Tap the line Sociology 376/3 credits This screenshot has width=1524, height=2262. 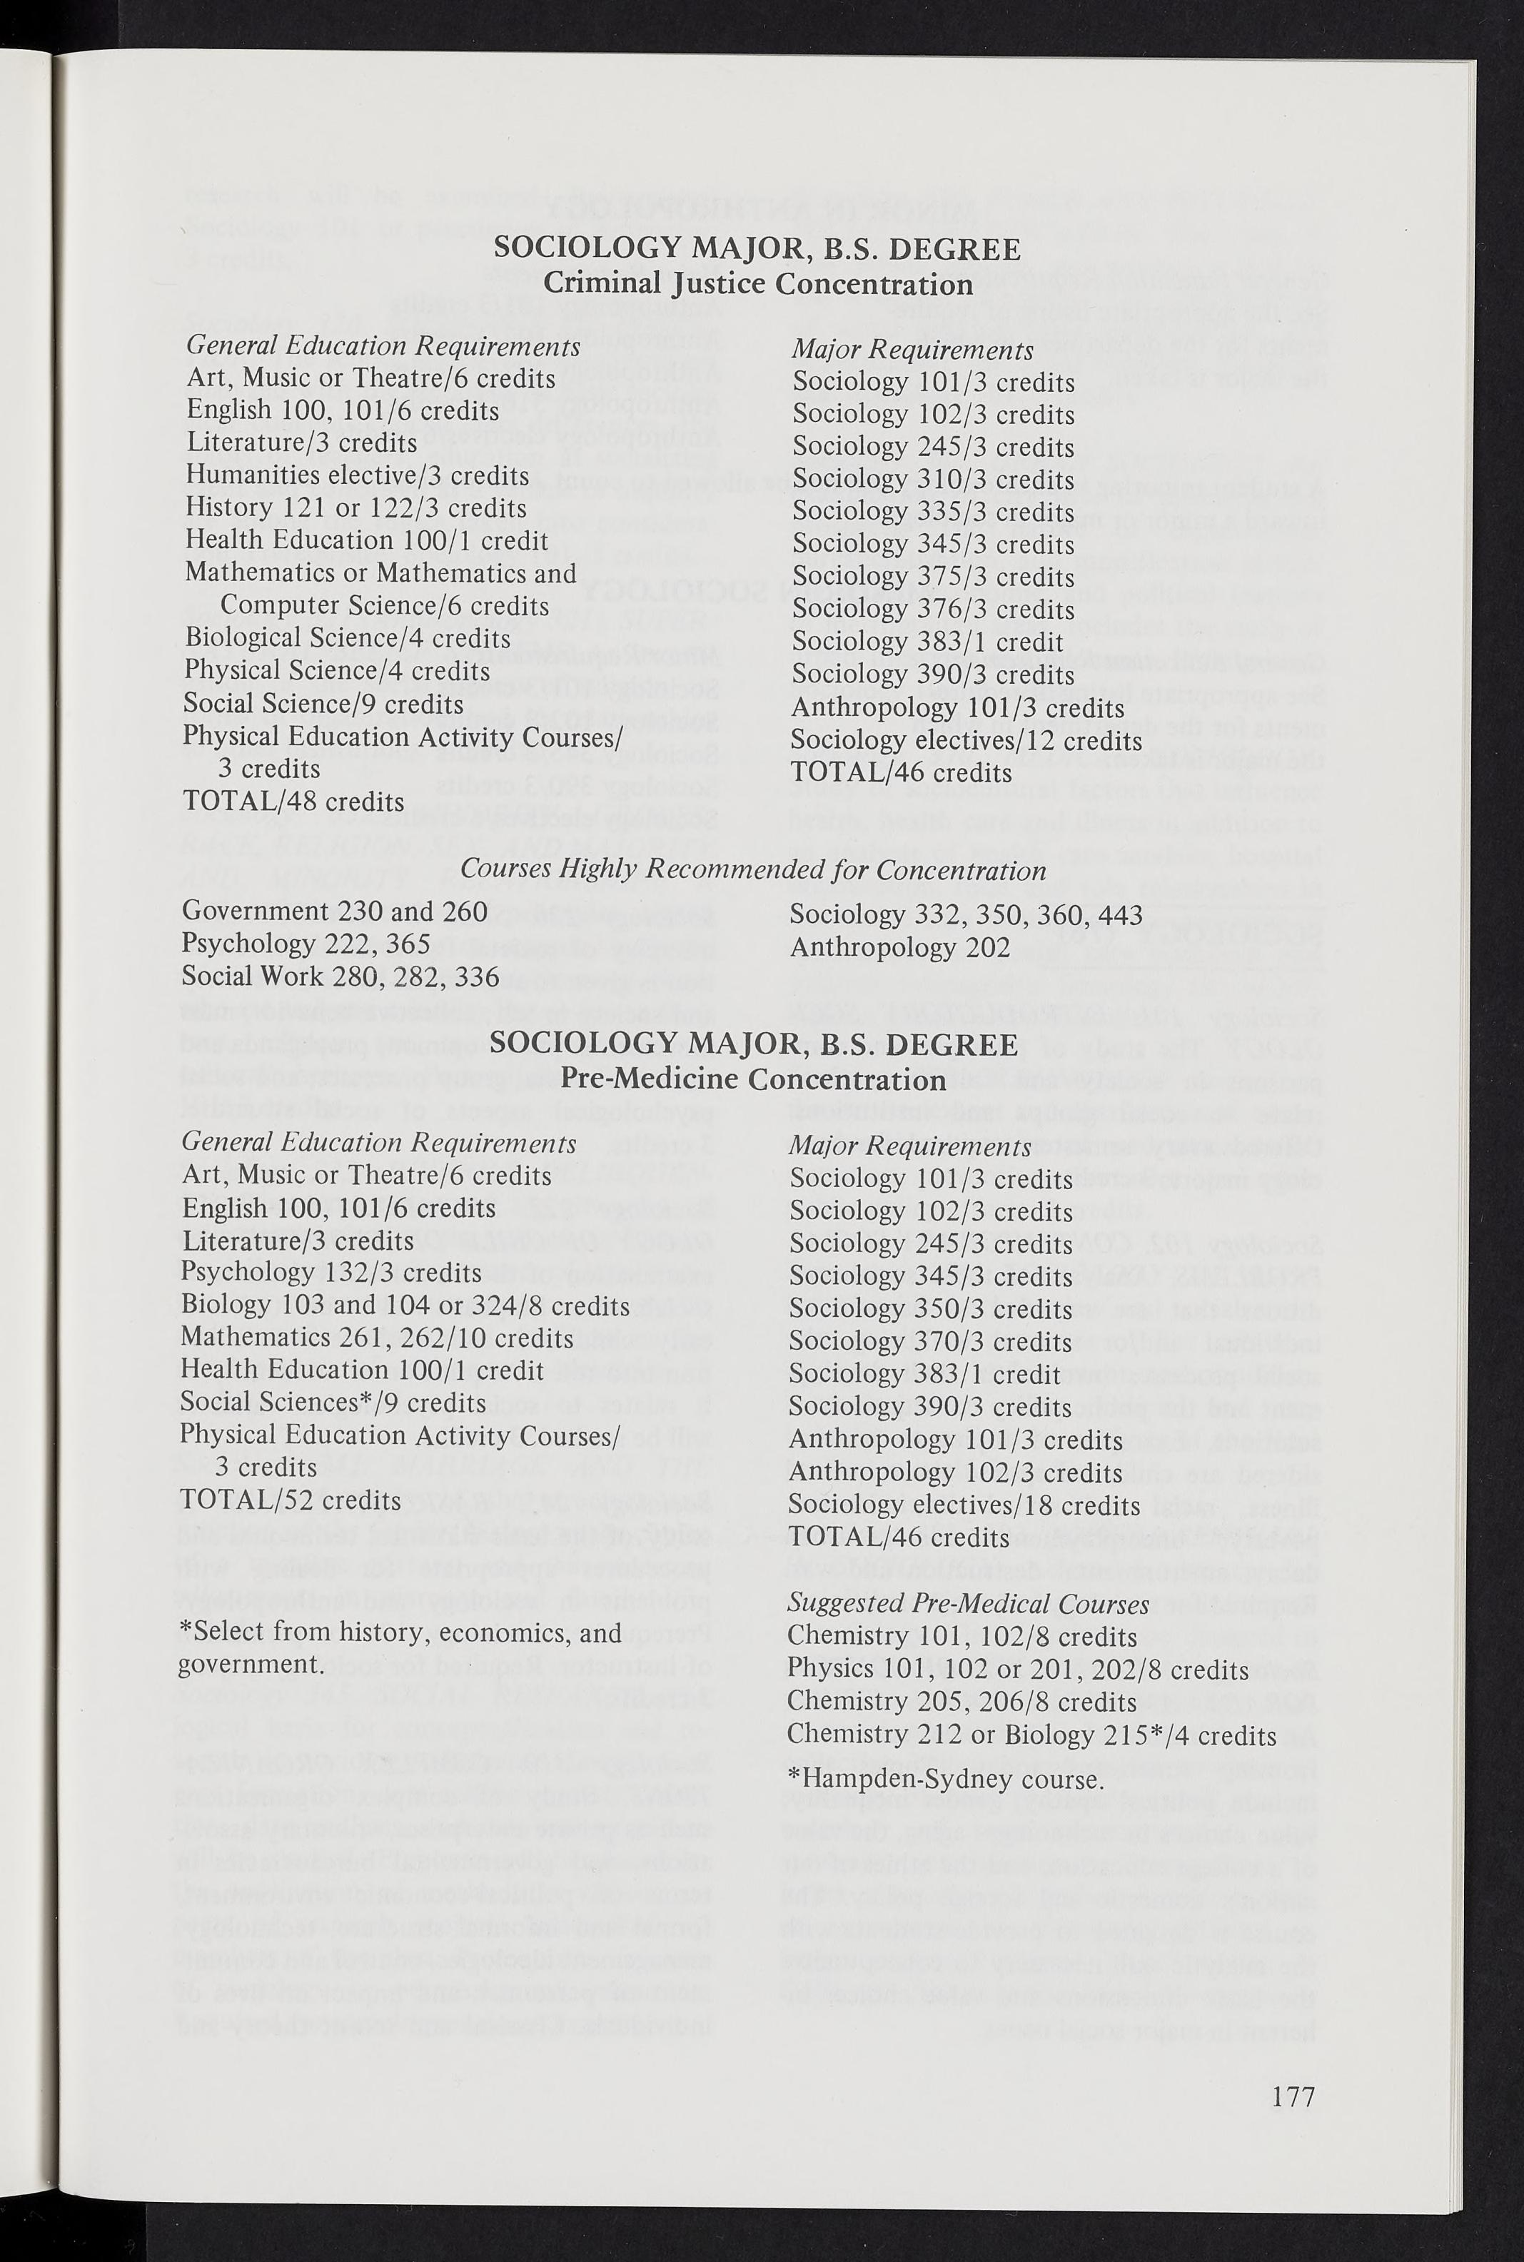coord(933,610)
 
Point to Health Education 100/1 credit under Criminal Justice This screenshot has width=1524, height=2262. coord(366,540)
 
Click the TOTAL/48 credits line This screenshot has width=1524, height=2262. coord(293,802)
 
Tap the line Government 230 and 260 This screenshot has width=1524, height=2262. coord(334,912)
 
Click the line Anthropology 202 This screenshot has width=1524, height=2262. coord(900,946)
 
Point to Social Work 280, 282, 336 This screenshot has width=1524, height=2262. coord(340,976)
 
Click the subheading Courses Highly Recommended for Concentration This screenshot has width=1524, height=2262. coord(753,869)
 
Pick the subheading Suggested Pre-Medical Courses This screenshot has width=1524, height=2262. coord(968,1604)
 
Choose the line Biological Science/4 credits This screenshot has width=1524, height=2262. coord(347,638)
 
